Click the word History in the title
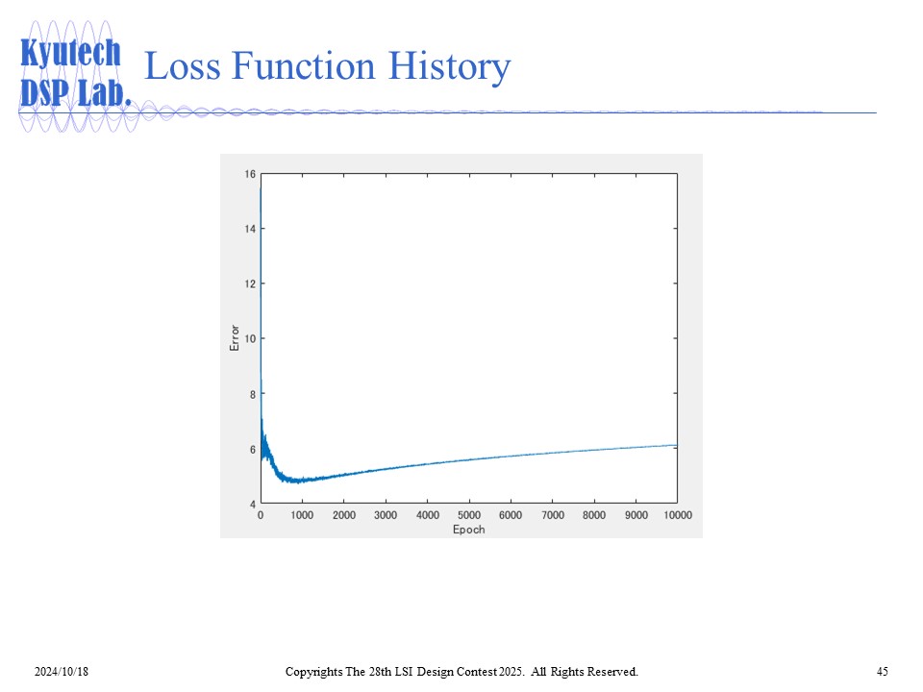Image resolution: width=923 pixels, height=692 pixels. pos(449,66)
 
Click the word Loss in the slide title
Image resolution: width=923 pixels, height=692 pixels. pos(183,65)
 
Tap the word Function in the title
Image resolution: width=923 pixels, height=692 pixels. pos(304,65)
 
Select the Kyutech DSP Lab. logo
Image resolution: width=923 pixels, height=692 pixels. pos(75,74)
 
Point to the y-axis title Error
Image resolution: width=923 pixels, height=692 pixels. pos(235,337)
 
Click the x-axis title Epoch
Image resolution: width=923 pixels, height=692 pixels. pos(468,529)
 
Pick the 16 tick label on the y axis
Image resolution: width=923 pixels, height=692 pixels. pos(250,174)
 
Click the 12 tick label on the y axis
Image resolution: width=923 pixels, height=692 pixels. pos(250,284)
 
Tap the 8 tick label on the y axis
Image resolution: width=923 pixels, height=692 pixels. pos(253,394)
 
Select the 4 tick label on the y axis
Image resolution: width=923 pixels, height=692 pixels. pos(253,504)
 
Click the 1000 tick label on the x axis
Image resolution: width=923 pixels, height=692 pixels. pos(302,515)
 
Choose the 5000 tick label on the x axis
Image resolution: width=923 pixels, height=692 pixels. pos(469,515)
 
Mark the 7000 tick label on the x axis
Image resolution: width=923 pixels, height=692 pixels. pos(553,515)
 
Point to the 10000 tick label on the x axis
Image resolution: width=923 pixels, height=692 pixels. pos(678,515)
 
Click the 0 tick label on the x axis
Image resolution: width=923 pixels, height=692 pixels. pos(261,515)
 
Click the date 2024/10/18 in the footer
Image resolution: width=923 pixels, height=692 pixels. pos(62,672)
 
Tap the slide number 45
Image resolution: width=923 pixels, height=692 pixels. pos(882,672)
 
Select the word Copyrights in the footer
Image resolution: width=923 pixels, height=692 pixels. pos(313,672)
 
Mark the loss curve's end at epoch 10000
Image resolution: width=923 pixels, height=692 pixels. pos(677,445)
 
